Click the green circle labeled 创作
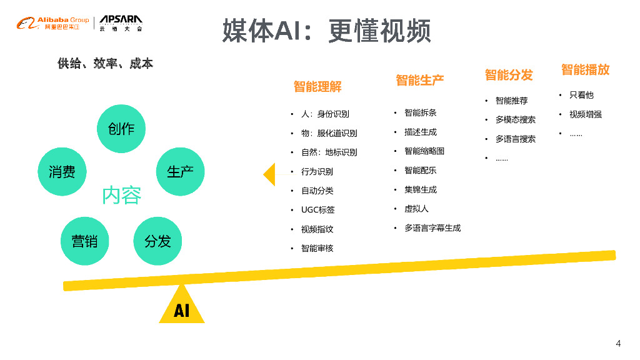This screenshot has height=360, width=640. click(121, 129)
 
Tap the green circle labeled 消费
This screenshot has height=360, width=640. click(62, 172)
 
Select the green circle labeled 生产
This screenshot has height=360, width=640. click(180, 172)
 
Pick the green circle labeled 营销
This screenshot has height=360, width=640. click(84, 241)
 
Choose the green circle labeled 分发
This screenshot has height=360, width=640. click(157, 241)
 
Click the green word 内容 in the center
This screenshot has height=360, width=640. click(122, 196)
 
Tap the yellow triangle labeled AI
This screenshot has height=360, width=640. click(182, 307)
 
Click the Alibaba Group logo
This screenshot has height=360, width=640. click(53, 24)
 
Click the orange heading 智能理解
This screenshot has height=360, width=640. click(317, 87)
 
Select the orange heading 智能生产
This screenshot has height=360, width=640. click(419, 80)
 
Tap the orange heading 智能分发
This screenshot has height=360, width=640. click(509, 75)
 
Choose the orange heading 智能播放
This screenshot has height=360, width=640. click(585, 69)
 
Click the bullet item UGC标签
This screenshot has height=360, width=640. click(317, 210)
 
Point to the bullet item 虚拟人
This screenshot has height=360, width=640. click(416, 209)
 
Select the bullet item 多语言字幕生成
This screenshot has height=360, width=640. click(432, 228)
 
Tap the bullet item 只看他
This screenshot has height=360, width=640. click(581, 95)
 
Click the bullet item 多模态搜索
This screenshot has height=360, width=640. click(515, 119)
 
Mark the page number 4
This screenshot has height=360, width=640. click(618, 343)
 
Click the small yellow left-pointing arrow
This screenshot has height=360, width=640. click(269, 174)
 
